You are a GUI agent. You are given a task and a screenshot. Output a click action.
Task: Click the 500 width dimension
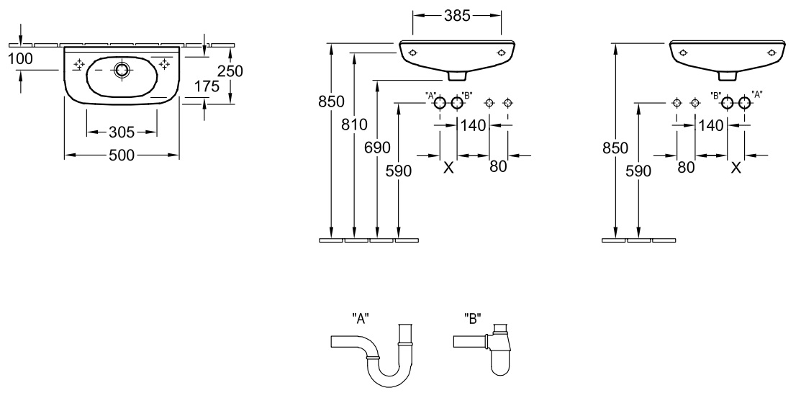click(x=122, y=155)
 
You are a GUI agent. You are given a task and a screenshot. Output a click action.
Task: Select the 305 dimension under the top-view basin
click(x=122, y=132)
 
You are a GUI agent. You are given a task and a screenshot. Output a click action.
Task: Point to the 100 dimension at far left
click(x=20, y=59)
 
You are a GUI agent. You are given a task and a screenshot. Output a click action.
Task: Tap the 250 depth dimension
click(x=230, y=71)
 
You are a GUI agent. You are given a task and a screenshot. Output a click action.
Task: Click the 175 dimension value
click(x=207, y=86)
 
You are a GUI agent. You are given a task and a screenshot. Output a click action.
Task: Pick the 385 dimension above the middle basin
click(x=457, y=16)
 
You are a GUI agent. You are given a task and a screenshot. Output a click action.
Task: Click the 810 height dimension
click(x=355, y=125)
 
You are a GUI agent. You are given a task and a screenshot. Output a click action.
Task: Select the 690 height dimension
click(x=377, y=148)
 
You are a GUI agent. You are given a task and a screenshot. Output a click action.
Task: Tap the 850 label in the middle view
click(x=331, y=101)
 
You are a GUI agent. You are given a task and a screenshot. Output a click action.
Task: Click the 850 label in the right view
click(x=615, y=148)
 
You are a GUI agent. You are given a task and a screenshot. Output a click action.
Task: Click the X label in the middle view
click(x=448, y=167)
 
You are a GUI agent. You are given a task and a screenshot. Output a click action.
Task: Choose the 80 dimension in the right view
click(x=686, y=167)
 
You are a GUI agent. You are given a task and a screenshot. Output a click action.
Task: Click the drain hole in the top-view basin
click(x=121, y=70)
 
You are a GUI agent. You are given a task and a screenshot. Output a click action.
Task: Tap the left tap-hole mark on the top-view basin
click(x=79, y=64)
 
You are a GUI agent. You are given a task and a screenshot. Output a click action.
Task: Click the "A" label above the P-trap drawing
click(x=360, y=319)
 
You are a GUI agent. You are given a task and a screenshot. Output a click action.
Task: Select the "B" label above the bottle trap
click(x=473, y=319)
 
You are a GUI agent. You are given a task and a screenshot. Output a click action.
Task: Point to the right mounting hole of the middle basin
click(x=501, y=52)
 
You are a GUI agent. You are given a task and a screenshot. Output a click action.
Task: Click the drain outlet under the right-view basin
click(x=728, y=76)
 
